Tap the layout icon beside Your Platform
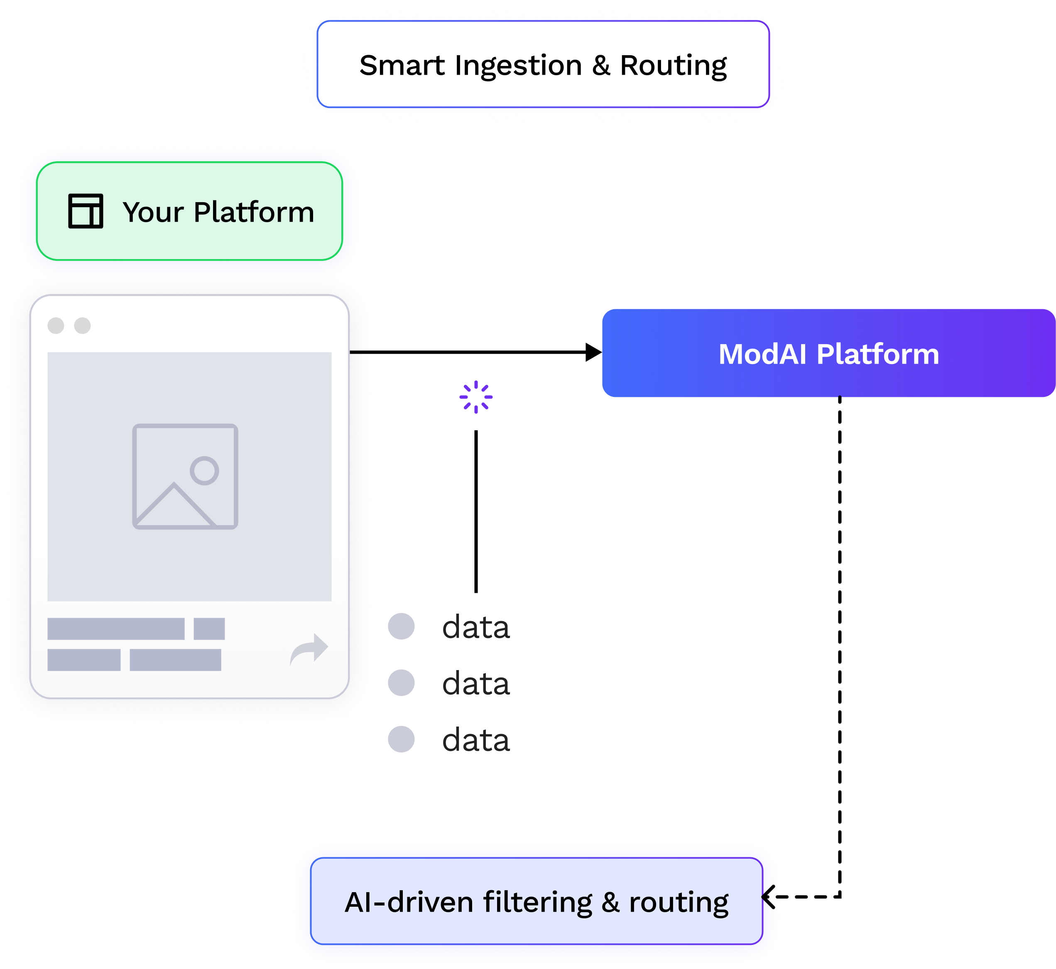[x=86, y=211]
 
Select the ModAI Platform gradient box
[x=828, y=353]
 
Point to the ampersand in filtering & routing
[x=610, y=903]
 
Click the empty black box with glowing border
[x=543, y=64]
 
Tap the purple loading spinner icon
[x=475, y=397]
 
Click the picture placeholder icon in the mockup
[x=185, y=476]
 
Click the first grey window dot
[x=56, y=325]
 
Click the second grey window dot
[x=82, y=325]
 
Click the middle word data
[x=475, y=684]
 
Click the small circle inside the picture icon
[x=204, y=470]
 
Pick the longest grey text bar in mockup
[x=116, y=629]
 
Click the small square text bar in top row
[x=209, y=629]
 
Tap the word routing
[x=679, y=903]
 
